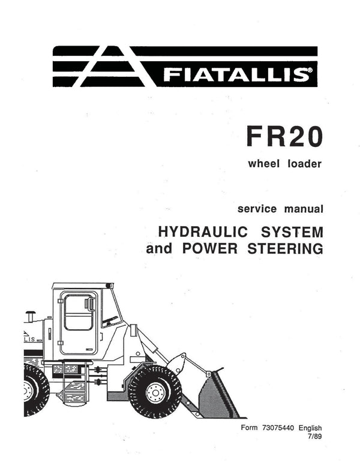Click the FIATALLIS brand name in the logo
[235, 74]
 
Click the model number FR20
[284, 136]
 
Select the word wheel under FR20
[263, 164]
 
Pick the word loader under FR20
[304, 164]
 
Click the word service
[257, 209]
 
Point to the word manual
[304, 209]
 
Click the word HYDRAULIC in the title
[203, 232]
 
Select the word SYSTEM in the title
[292, 232]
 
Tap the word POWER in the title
[210, 248]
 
